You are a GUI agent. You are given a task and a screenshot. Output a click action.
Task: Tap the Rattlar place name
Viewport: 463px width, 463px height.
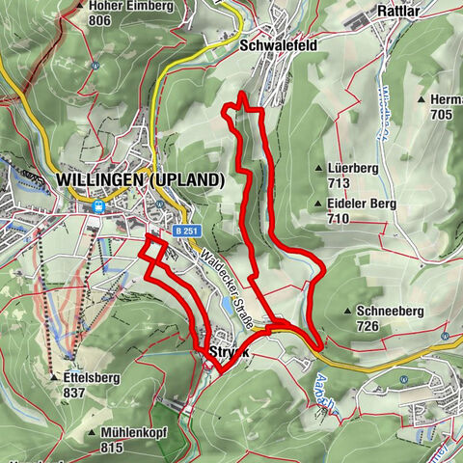[x=396, y=14]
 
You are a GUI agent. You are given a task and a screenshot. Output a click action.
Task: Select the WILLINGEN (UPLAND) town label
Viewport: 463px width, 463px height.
[x=141, y=180]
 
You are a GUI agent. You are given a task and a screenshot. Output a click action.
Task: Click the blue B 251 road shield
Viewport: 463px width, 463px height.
[x=189, y=231]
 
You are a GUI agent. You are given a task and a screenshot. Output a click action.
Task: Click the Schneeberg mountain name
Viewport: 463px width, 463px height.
[x=387, y=312]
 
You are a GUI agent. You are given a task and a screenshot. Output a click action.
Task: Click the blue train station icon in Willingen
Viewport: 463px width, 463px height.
[x=97, y=205]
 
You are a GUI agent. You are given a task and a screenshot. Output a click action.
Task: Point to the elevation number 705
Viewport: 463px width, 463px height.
[x=442, y=114]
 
